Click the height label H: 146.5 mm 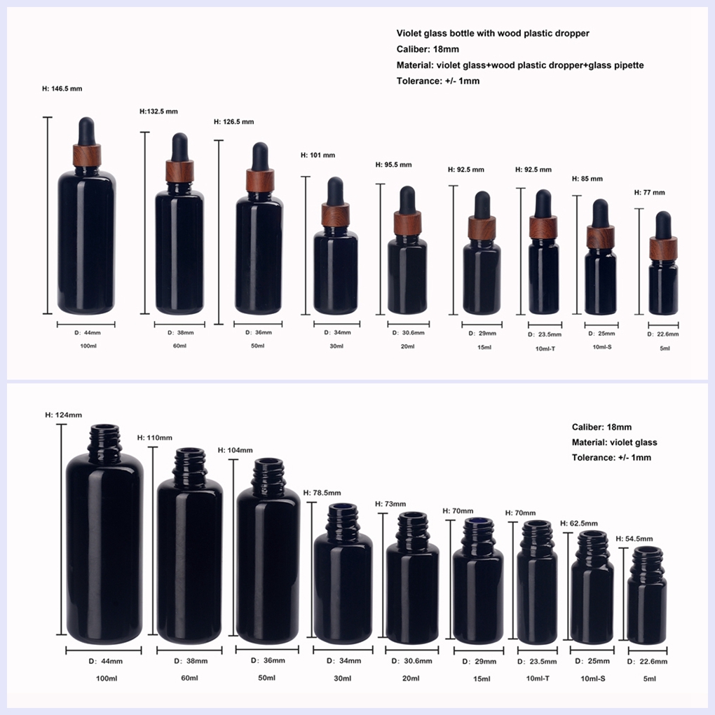tap(62, 88)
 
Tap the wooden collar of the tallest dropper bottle tap(87, 155)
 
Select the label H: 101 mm tap(318, 155)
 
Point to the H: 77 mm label tap(649, 193)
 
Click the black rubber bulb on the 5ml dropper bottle tap(663, 225)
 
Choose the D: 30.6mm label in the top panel tap(408, 333)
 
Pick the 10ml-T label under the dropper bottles tap(545, 349)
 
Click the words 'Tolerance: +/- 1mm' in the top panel tap(437, 81)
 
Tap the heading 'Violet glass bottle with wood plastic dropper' tap(493, 33)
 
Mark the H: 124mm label tap(63, 415)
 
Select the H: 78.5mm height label tap(322, 493)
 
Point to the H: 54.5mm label tap(634, 539)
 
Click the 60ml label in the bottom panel tap(190, 678)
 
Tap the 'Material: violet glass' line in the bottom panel tap(614, 442)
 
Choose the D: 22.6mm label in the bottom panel tap(647, 662)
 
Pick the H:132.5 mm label tap(158, 111)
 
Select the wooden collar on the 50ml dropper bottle tap(260, 181)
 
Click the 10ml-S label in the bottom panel tap(593, 679)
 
